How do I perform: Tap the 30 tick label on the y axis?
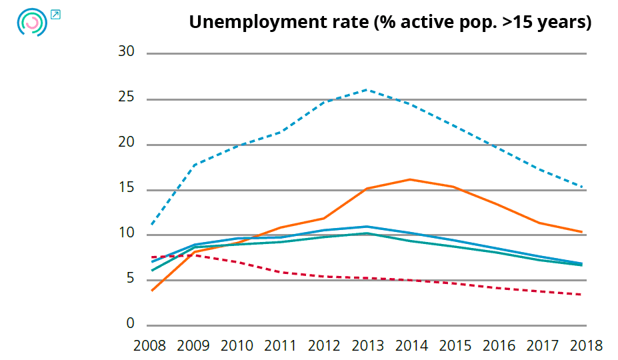pos(126,53)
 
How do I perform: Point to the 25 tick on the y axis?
pos(126,99)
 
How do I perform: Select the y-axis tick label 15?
pos(126,189)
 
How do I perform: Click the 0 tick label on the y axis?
pos(131,325)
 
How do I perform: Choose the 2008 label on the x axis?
pos(150,346)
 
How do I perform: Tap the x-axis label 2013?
pos(368,346)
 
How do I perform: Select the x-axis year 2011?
pos(281,346)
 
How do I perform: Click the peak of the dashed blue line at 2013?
pos(368,89)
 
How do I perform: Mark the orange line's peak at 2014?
pos(409,179)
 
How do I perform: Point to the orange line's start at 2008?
pos(152,291)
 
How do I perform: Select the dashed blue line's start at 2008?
pos(152,224)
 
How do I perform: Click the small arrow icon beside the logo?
pos(55,14)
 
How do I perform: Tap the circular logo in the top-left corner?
pos(31,22)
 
